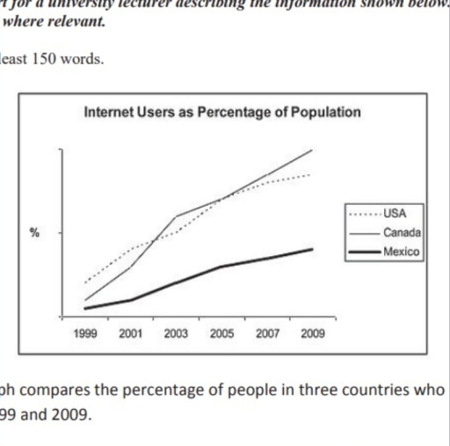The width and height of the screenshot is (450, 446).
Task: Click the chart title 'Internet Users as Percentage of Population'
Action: (221, 113)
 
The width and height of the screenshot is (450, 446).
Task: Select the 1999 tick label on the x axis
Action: (85, 335)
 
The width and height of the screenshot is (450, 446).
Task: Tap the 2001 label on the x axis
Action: (130, 335)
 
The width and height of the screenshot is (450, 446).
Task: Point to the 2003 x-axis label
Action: (176, 335)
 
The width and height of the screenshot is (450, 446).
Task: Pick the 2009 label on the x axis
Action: (312, 335)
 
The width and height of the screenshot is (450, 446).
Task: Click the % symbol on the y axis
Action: (34, 233)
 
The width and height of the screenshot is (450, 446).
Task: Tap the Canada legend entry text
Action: (401, 232)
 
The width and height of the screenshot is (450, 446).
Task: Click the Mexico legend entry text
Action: (400, 252)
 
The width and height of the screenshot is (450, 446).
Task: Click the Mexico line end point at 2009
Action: (312, 249)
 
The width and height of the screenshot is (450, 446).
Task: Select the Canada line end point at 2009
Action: (312, 150)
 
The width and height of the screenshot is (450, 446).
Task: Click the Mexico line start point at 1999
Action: (85, 308)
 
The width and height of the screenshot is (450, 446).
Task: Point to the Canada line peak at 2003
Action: (176, 216)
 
